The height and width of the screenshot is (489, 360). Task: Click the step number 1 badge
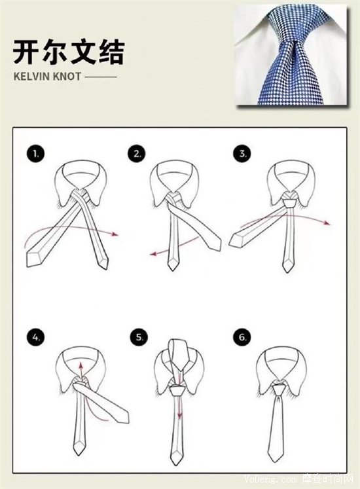pyautogui.click(x=35, y=153)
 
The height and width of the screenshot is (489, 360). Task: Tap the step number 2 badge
pyautogui.click(x=137, y=153)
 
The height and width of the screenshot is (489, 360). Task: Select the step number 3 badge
pyautogui.click(x=242, y=153)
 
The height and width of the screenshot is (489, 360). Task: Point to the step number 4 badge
pyautogui.click(x=35, y=337)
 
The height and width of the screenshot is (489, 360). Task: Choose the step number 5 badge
pyautogui.click(x=139, y=337)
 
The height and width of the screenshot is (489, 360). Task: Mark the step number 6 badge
pyautogui.click(x=242, y=337)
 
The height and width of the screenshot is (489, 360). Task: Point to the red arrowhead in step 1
pyautogui.click(x=115, y=234)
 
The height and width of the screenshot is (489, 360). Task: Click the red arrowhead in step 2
pyautogui.click(x=153, y=254)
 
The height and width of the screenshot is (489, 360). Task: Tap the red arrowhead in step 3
pyautogui.click(x=327, y=223)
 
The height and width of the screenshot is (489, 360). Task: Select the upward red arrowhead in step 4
pyautogui.click(x=81, y=365)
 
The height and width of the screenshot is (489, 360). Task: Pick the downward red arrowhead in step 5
pyautogui.click(x=179, y=416)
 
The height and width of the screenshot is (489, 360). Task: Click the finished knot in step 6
pyautogui.click(x=278, y=390)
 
